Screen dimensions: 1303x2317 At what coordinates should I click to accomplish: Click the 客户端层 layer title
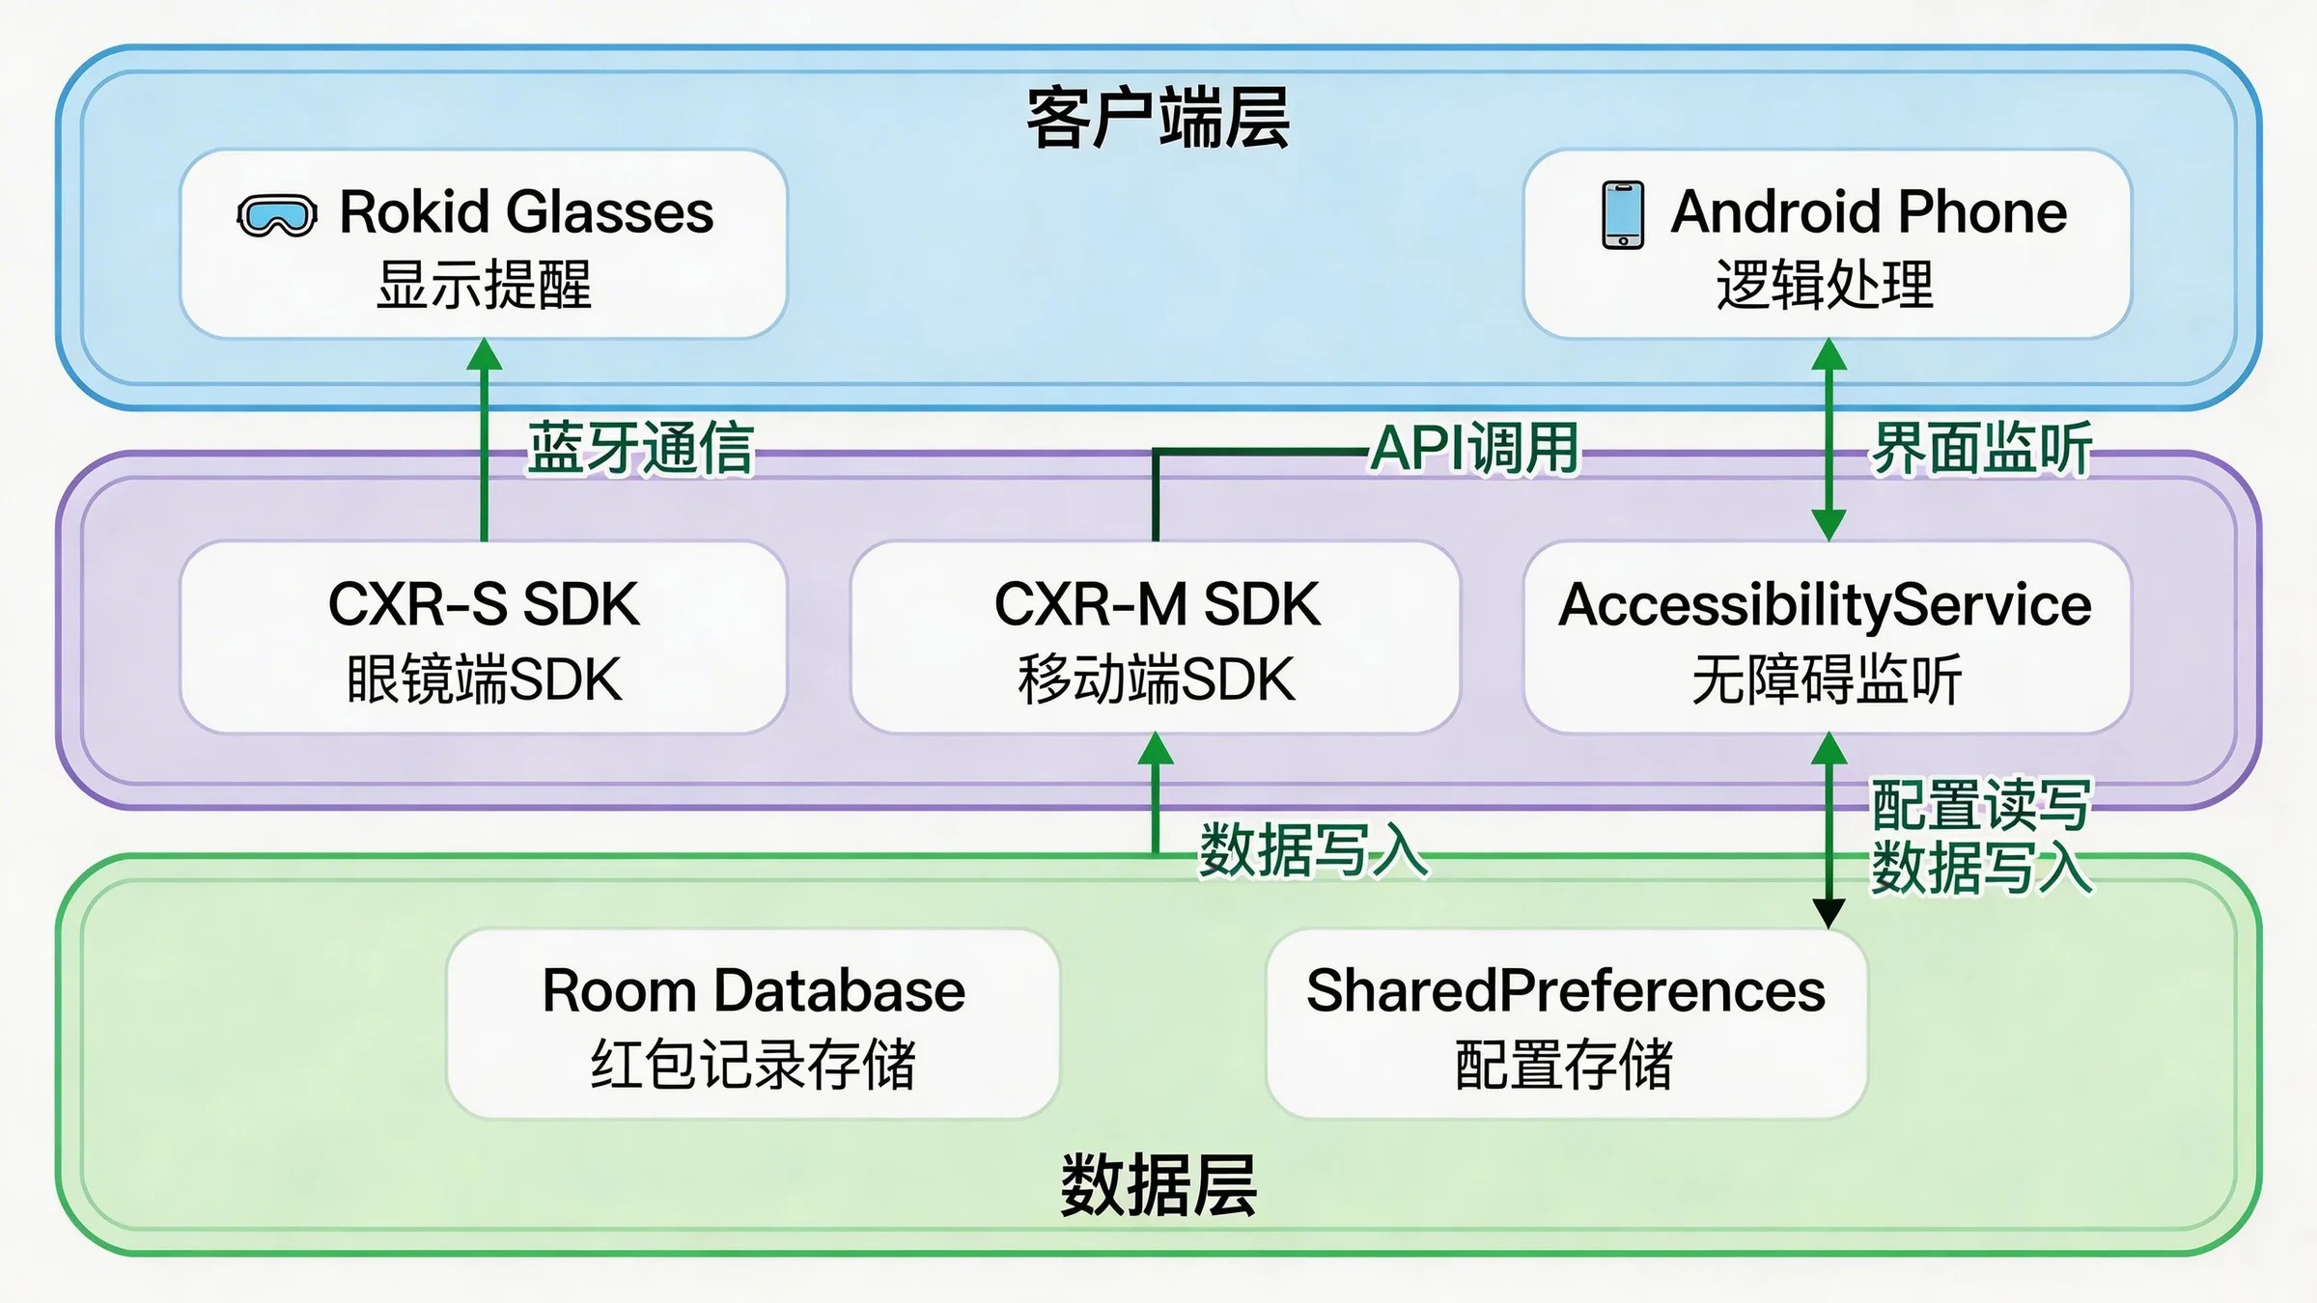tap(1158, 118)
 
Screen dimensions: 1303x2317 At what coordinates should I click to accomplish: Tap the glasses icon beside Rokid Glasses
tap(277, 215)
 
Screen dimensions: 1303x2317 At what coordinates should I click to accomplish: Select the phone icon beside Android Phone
tap(1623, 214)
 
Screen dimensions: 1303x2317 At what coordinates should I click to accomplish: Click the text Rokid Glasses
tap(526, 212)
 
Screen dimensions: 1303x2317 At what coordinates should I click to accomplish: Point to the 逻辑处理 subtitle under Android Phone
tap(1825, 285)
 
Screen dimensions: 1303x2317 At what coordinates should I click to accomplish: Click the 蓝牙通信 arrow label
tap(640, 449)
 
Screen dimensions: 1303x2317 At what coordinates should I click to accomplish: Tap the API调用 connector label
tap(1474, 449)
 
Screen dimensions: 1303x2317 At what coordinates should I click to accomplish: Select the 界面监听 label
tap(1981, 449)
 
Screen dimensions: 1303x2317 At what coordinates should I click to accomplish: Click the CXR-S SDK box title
tap(484, 604)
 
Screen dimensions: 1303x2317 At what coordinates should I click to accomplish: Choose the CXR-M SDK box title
tap(1157, 604)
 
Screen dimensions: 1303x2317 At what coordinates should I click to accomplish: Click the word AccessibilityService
tap(1825, 605)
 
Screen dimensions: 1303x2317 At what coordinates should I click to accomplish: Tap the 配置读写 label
tap(1981, 804)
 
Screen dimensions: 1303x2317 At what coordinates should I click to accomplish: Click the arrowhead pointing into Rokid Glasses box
tap(484, 354)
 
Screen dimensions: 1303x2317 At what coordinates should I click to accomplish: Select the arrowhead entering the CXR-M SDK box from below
tap(1156, 749)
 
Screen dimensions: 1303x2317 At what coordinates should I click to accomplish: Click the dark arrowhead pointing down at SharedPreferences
tap(1828, 912)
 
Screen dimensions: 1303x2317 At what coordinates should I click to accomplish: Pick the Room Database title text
tap(753, 990)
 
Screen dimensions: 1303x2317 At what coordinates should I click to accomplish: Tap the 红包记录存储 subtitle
tap(753, 1065)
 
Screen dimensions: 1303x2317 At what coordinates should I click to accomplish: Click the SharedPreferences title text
tap(1565, 990)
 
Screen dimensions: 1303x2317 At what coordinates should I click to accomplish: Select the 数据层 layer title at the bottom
tap(1158, 1184)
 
